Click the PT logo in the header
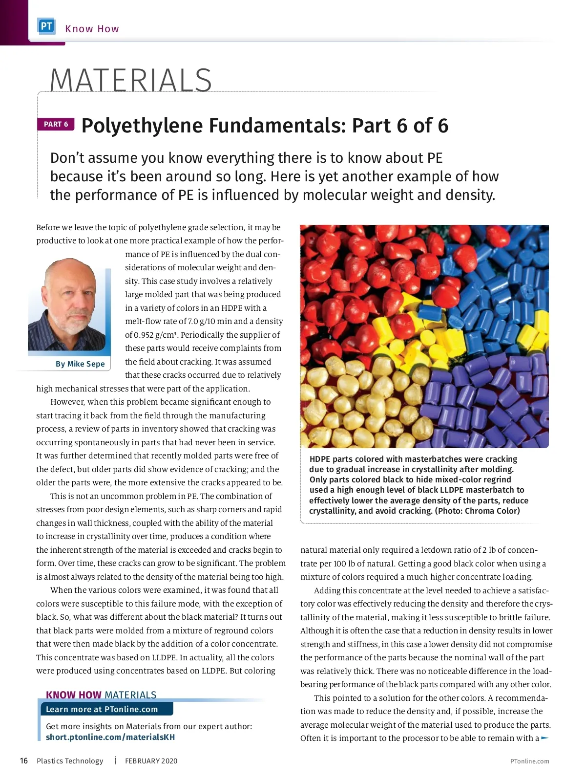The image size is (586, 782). click(x=46, y=26)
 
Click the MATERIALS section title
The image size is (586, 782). click(x=130, y=80)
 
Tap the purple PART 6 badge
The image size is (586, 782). click(x=56, y=124)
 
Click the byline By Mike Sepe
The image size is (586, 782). click(x=80, y=364)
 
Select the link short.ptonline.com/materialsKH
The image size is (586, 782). click(x=110, y=737)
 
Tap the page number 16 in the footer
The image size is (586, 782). click(x=24, y=760)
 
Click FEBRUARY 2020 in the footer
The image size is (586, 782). click(x=151, y=761)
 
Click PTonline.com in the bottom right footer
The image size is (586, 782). click(x=529, y=761)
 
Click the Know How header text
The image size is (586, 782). click(x=92, y=29)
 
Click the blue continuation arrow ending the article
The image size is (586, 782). click(x=545, y=738)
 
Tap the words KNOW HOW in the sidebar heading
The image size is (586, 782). click(x=73, y=695)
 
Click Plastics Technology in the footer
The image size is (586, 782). click(x=70, y=761)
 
